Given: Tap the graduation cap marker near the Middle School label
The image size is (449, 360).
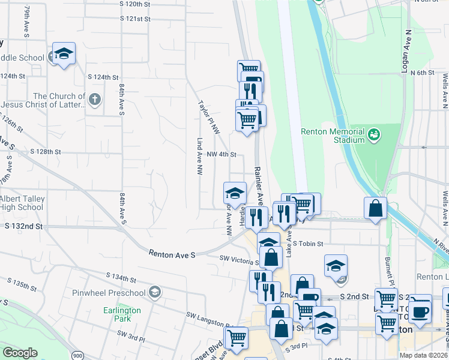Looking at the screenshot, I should point(63,55).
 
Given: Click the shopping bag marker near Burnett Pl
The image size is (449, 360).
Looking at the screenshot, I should point(375,209).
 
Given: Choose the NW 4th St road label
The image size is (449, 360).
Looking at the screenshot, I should point(222,154).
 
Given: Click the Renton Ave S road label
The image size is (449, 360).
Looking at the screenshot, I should point(172,255).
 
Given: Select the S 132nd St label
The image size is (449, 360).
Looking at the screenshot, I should point(24,226).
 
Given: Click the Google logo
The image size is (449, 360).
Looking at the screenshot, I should point(20,353).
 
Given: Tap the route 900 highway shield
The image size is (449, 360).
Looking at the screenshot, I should point(77,355).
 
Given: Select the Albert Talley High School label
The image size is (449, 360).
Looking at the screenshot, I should point(22,203).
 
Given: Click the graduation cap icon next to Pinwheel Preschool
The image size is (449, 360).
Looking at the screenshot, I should point(155,292).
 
